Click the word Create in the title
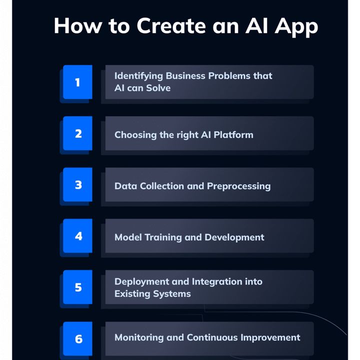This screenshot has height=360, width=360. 171,25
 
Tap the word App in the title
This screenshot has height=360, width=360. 296,27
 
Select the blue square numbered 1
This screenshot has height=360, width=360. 77,82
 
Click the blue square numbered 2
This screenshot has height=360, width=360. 77,133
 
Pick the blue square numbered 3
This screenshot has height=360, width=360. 77,184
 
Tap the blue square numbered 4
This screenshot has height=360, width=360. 77,236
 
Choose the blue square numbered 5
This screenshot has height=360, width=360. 77,287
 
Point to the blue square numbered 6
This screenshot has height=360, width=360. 77,338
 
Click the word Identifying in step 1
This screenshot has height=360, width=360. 138,76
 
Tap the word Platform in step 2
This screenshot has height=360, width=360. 233,135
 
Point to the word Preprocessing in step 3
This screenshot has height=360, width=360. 239,186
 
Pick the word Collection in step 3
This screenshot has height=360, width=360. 162,186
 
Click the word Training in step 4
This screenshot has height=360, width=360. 163,237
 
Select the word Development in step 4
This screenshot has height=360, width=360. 234,237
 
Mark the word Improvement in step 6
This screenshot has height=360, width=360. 270,338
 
